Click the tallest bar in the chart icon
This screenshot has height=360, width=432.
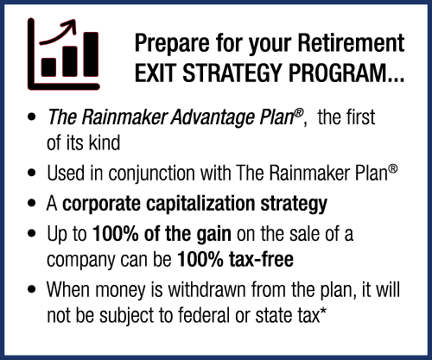point(91,54)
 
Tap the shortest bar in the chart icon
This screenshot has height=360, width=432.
point(48,67)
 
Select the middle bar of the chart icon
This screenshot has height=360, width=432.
point(70,61)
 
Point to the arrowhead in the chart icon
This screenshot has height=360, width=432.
point(71,26)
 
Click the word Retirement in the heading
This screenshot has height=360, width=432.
point(351,43)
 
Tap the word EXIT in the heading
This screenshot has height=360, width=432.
point(156,73)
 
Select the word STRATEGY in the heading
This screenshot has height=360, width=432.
point(232,73)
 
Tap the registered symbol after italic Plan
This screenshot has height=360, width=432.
point(299,113)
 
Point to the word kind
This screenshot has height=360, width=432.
point(105,142)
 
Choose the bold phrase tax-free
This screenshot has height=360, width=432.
point(261,259)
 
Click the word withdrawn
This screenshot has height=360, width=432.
point(206,289)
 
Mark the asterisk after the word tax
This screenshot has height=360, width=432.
point(324,311)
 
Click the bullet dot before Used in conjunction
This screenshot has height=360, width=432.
point(32,174)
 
